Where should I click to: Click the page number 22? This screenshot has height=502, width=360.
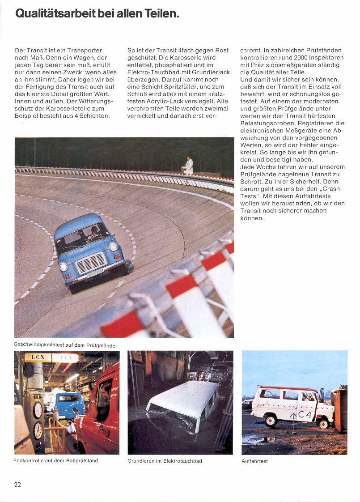click(18, 485)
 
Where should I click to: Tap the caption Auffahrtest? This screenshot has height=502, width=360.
click(254, 461)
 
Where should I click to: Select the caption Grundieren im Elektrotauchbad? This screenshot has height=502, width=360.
click(165, 461)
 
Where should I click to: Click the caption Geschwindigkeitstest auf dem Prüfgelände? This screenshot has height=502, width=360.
click(65, 345)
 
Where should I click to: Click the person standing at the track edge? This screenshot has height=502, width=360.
click(189, 165)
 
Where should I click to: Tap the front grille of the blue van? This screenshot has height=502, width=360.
click(91, 263)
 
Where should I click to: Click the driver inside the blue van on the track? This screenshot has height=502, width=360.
click(94, 233)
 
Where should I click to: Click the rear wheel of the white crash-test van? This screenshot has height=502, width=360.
click(270, 421)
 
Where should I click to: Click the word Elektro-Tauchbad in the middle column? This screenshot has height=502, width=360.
click(148, 72)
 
